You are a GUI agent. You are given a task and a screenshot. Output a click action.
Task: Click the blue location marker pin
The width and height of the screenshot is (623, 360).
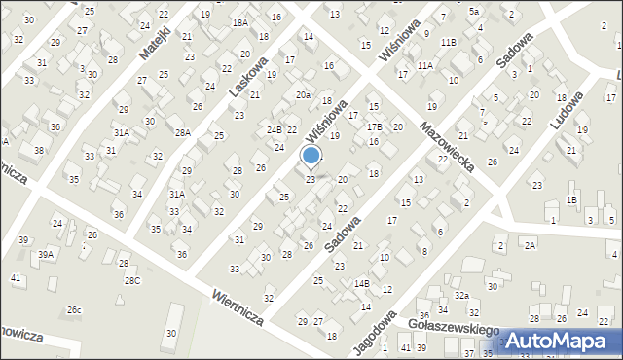[x=311, y=156]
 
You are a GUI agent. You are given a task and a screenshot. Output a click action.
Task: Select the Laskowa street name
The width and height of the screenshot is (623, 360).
[x=248, y=71]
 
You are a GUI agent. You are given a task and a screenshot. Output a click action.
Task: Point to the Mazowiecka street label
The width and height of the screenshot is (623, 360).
[x=447, y=141]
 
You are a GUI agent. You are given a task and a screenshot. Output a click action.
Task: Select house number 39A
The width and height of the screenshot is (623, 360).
[x=46, y=254]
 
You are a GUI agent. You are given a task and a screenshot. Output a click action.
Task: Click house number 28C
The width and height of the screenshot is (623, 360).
[x=131, y=280]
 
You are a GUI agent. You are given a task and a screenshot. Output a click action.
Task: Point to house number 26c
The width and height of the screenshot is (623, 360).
[x=74, y=310]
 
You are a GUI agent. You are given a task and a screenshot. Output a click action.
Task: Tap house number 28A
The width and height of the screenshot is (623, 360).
[x=182, y=132]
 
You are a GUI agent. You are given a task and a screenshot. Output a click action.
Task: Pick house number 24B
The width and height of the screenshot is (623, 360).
[x=274, y=129]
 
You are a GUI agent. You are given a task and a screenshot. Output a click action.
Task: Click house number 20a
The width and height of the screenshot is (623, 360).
[x=304, y=94]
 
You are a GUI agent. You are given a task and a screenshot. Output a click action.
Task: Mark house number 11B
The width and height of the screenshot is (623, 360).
[x=448, y=42]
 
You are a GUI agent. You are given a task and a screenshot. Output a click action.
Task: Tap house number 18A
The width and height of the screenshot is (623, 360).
[x=239, y=22]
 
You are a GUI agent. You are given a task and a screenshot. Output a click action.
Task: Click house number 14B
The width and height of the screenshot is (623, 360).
[x=361, y=283]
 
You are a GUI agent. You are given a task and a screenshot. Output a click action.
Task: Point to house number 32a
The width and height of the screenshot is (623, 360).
[x=461, y=295]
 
